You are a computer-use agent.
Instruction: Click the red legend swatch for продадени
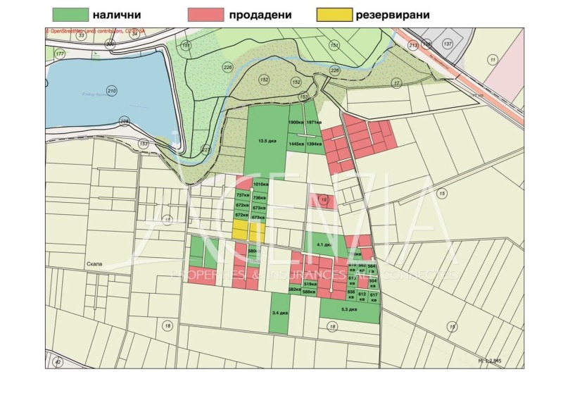(206, 14)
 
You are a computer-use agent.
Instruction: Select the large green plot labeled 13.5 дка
(266, 141)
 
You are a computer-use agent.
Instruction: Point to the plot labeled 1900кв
(296, 123)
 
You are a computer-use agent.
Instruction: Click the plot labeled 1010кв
(261, 185)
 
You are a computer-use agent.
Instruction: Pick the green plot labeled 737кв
(243, 196)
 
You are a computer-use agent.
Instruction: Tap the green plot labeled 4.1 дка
(324, 244)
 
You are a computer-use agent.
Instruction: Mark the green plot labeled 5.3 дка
(348, 309)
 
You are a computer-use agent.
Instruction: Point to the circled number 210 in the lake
(111, 91)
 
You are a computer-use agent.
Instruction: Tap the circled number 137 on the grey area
(448, 44)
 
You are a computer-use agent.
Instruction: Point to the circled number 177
(60, 54)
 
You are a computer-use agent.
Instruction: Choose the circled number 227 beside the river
(206, 149)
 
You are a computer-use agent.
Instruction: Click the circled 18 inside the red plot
(323, 201)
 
